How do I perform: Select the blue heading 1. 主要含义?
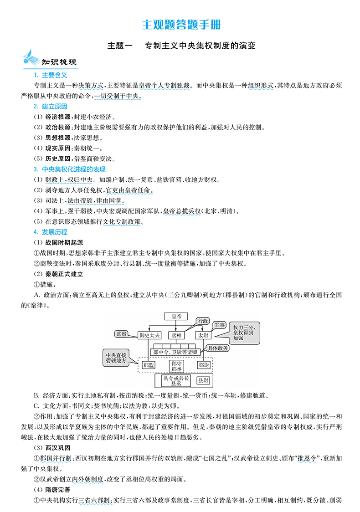[51, 75]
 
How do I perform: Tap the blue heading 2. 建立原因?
[51, 106]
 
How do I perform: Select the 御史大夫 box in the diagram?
[149, 335]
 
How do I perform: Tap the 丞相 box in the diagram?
[176, 335]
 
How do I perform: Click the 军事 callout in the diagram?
[220, 325]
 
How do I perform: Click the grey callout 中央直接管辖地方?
[117, 357]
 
